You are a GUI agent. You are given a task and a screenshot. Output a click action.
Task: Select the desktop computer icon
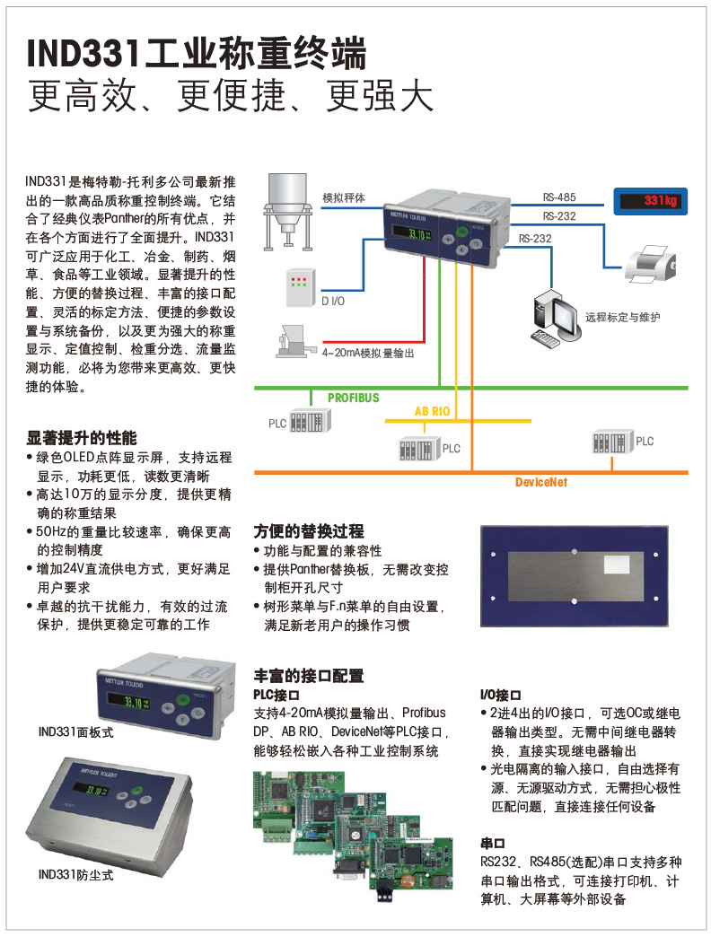pos(554,320)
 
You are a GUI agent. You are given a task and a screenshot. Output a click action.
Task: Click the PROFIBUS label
pos(353,398)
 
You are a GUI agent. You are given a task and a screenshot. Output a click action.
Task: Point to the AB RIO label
pos(432,411)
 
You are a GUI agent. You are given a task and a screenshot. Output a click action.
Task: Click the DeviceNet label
pos(541,482)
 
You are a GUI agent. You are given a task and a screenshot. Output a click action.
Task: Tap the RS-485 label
pos(559,197)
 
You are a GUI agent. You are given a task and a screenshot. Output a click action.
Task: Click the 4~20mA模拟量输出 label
pos(368,354)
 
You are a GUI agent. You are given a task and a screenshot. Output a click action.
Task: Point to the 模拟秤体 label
pos(344,197)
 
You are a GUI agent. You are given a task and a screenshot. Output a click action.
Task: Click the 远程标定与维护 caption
pos(622,317)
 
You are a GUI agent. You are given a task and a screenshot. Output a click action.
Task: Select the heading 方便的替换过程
pos(309,531)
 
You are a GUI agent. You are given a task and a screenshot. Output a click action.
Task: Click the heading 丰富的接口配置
pos(309,676)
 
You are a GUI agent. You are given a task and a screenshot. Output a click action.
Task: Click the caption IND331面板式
pos(76,732)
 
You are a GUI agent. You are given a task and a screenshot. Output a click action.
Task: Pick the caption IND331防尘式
pos(76,873)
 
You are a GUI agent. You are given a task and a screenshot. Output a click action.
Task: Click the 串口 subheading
pos(494,844)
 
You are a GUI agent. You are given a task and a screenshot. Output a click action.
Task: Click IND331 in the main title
pos(84,55)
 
